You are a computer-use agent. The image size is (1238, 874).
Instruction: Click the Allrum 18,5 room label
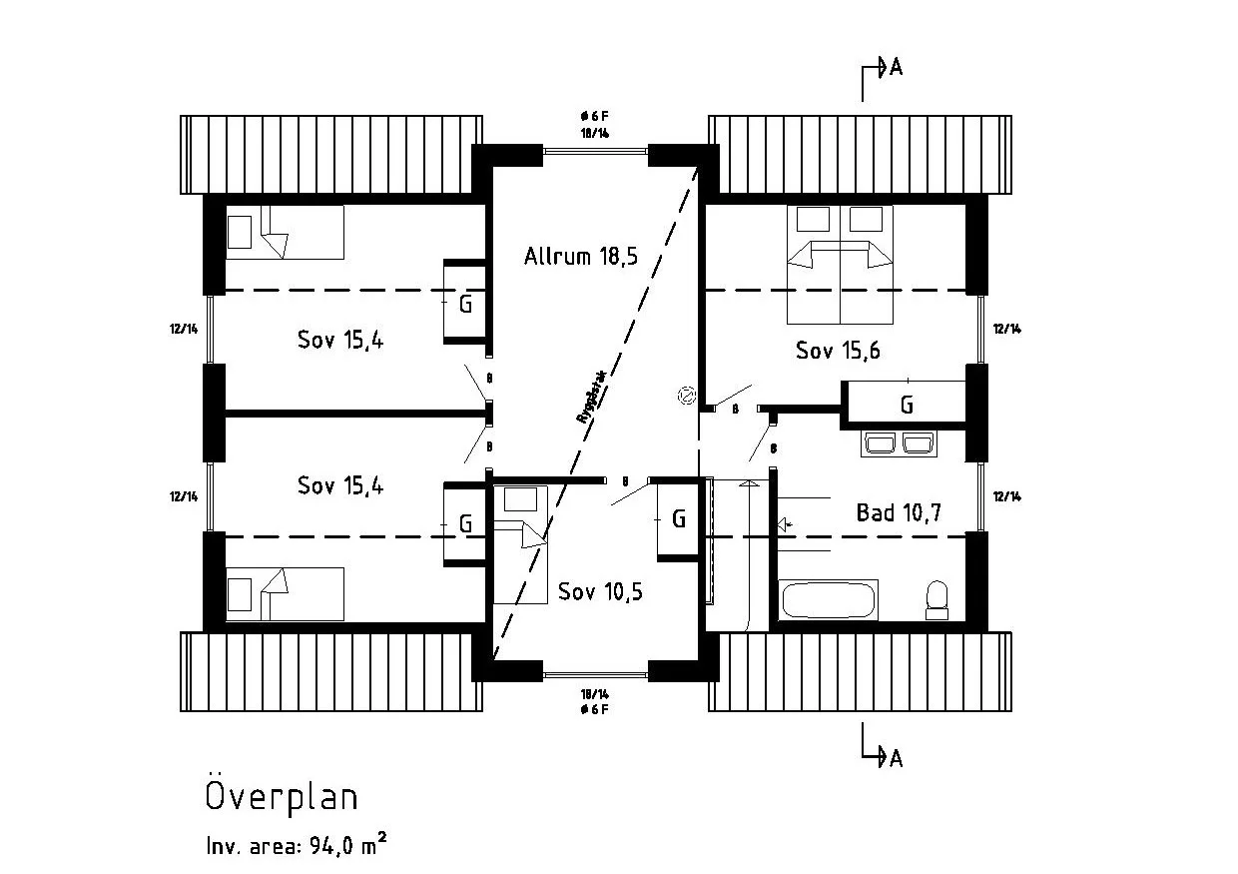point(580,257)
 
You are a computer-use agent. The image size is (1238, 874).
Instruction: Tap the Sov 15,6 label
point(838,351)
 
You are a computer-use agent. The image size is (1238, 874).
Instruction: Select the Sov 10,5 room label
point(600,591)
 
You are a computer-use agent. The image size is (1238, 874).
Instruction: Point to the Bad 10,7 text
point(899,513)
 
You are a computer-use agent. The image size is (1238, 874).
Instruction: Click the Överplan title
point(282,796)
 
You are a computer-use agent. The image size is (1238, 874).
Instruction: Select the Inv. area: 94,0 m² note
point(297,845)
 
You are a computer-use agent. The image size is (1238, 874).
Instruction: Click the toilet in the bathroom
point(936,599)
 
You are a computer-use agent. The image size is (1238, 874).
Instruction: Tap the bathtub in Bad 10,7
point(829,600)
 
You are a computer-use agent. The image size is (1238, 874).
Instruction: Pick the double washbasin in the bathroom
point(899,443)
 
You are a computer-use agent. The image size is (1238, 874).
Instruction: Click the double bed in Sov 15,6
point(840,265)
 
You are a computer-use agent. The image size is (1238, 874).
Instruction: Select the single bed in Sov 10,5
point(520,543)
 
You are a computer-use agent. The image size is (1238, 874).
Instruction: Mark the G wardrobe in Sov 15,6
point(906,405)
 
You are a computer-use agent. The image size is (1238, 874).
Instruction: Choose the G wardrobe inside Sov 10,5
point(678,518)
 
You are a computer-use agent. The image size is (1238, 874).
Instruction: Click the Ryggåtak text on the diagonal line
point(592,399)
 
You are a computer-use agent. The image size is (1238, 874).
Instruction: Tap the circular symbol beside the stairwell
point(686,397)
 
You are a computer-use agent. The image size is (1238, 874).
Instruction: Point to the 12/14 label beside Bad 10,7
point(1005,496)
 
